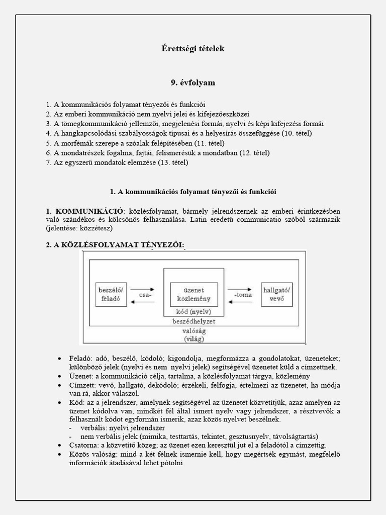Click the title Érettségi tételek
[x=193, y=49]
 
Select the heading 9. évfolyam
[x=193, y=82]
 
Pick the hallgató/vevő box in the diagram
[x=277, y=295]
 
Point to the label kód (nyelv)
[x=194, y=312]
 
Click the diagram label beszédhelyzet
[x=194, y=320]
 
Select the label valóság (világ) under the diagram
[x=193, y=335]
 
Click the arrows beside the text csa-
[x=137, y=299]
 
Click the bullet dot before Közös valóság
[x=60, y=455]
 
